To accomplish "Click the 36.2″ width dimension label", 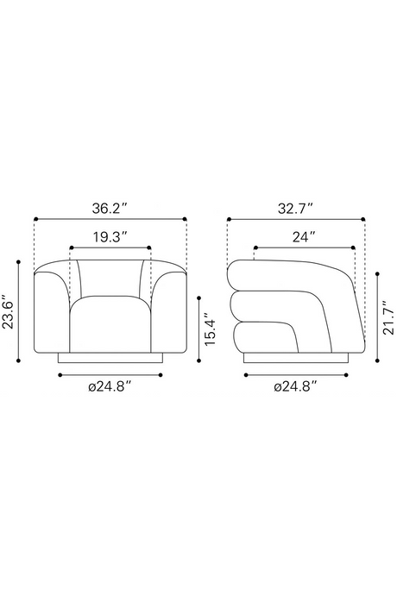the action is (x=109, y=209).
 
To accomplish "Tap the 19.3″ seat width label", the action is (x=110, y=237).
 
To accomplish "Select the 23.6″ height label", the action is (x=9, y=312).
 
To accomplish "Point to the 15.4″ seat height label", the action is (x=210, y=329).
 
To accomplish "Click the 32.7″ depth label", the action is (x=295, y=209).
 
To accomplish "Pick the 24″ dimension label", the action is (x=304, y=237).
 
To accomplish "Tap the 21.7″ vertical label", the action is (x=388, y=317).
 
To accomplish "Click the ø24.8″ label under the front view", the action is (x=110, y=387).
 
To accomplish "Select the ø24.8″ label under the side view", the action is (x=295, y=387).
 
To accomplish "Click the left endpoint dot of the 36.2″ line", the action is (x=35, y=219).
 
